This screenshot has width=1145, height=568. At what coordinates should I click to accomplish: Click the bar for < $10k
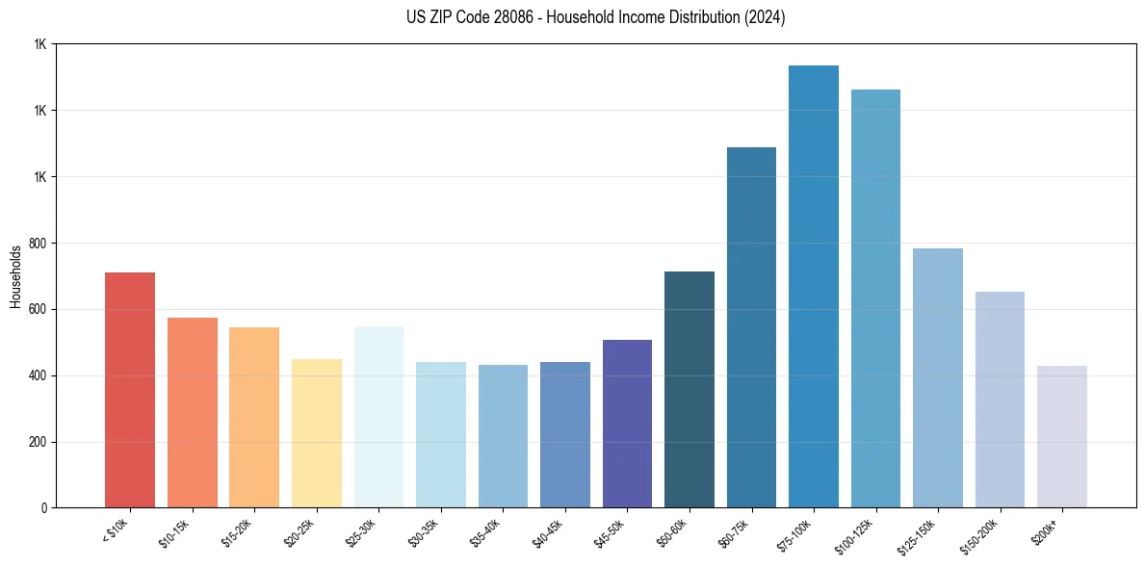(130, 390)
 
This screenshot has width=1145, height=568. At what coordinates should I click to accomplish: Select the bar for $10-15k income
(192, 412)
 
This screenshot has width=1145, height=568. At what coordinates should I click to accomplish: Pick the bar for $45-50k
(627, 424)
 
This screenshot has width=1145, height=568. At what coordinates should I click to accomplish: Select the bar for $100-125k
(875, 298)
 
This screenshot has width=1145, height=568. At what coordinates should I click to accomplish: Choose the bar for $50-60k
(689, 389)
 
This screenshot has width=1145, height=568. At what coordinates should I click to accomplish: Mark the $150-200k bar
(1000, 400)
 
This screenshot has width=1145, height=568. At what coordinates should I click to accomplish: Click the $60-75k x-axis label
(738, 533)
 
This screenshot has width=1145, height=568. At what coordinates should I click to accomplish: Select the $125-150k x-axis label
(922, 535)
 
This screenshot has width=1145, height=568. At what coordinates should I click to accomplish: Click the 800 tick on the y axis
(38, 244)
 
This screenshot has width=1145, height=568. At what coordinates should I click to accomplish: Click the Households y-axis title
(16, 276)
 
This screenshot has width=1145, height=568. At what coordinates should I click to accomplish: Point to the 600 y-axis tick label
(38, 310)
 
